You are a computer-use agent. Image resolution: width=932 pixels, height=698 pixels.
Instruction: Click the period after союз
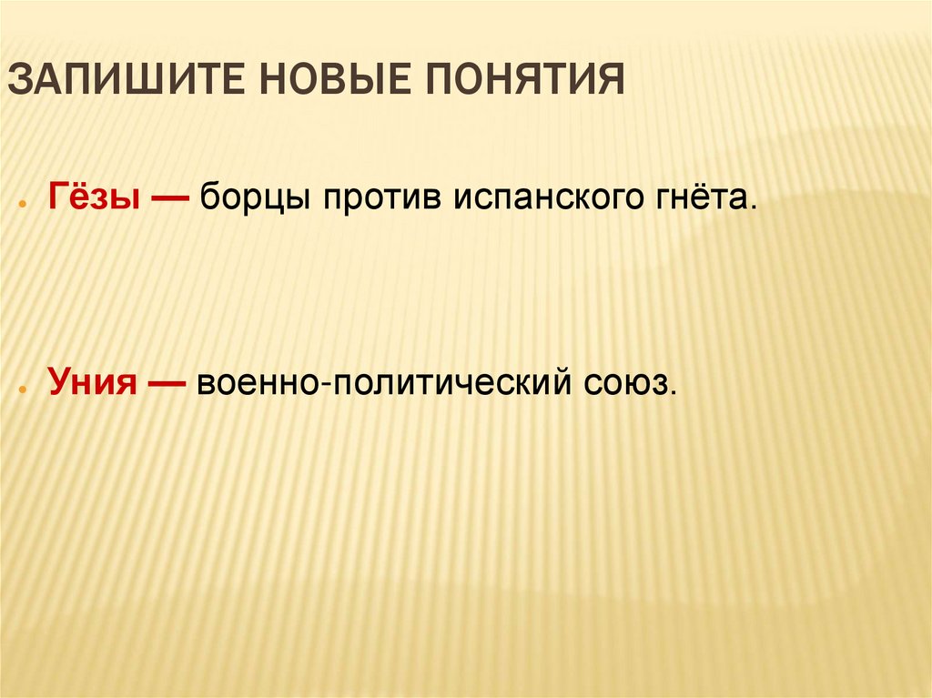675,393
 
